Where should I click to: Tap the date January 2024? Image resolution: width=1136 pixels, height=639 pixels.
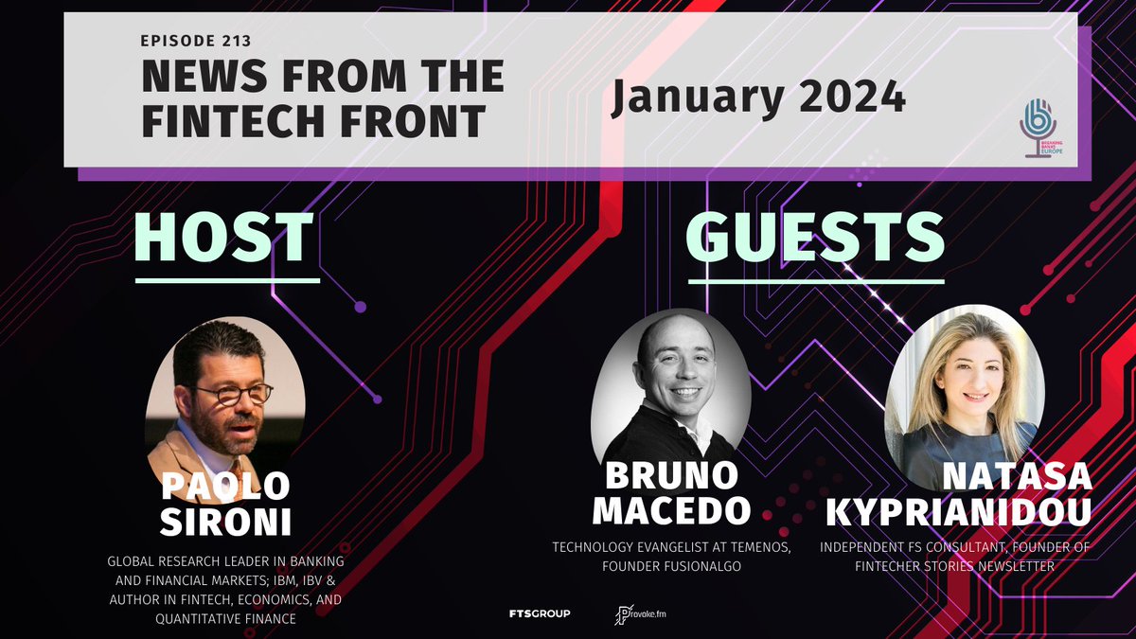(x=757, y=97)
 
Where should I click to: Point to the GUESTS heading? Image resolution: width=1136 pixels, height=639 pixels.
(x=815, y=238)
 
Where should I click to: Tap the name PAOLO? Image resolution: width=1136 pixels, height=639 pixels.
(x=224, y=485)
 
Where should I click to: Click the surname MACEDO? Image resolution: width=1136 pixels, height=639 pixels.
(x=671, y=510)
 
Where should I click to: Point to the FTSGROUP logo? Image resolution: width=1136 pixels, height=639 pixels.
(x=540, y=614)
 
